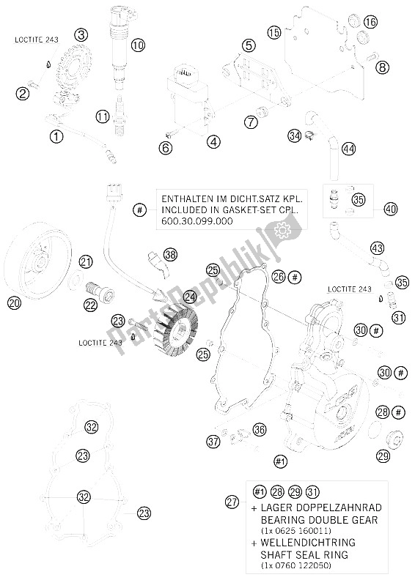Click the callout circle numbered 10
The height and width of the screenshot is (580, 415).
(x=138, y=45)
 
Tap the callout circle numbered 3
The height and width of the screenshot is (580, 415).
(x=81, y=35)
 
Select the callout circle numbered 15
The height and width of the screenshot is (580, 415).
(x=275, y=32)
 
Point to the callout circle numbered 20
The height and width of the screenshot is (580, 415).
(x=14, y=303)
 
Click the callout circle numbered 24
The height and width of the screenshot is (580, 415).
(x=190, y=297)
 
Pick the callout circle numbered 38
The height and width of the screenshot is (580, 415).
(x=170, y=255)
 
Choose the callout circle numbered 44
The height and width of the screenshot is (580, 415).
(x=348, y=149)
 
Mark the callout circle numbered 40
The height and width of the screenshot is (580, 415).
(x=391, y=209)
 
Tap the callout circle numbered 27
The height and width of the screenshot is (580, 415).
(x=232, y=502)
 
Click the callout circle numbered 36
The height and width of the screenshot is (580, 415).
(x=260, y=429)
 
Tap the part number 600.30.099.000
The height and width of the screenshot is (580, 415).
(x=197, y=221)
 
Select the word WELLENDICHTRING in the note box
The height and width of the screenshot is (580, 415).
(x=308, y=543)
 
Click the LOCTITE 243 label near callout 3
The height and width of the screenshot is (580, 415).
(x=36, y=40)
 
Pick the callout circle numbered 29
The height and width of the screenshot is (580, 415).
(x=383, y=456)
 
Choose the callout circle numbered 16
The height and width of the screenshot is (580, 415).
(x=370, y=22)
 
